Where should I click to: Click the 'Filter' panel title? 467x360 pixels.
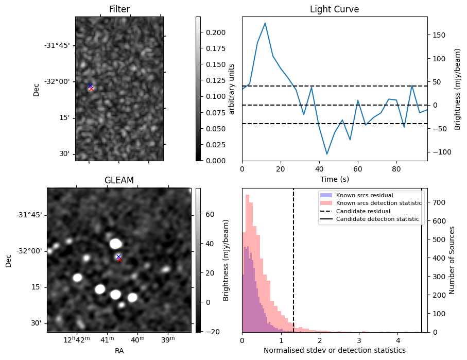(x=119, y=9)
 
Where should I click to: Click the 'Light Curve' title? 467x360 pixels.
(x=334, y=9)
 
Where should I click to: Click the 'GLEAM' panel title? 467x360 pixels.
(x=119, y=180)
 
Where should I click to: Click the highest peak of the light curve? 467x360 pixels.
(x=265, y=23)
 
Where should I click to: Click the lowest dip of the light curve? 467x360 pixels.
(x=326, y=154)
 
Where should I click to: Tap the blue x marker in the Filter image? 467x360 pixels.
(x=90, y=85)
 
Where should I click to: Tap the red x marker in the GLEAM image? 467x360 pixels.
(x=119, y=260)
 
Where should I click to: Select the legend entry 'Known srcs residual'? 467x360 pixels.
(x=365, y=196)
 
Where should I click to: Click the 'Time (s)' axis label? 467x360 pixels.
(x=334, y=178)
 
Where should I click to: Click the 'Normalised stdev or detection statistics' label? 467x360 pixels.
(x=334, y=350)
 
